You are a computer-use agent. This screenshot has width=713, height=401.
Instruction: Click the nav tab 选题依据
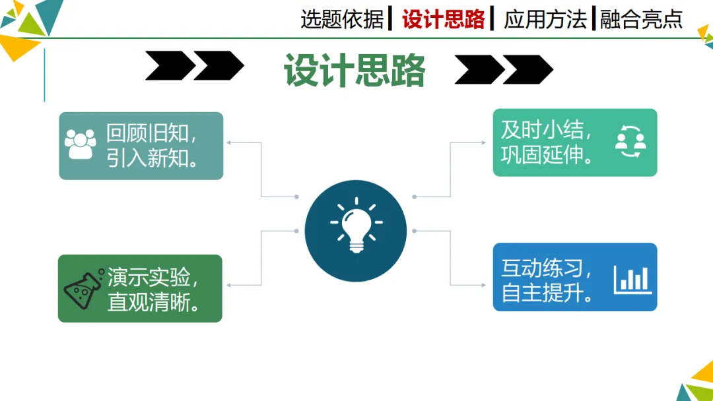click(x=341, y=19)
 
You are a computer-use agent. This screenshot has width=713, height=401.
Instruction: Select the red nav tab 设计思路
click(x=444, y=19)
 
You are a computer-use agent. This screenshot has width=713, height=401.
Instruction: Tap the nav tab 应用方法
click(x=545, y=19)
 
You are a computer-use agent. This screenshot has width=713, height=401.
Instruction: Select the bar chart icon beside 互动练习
click(x=632, y=280)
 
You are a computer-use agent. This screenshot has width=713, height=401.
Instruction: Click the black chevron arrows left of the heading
click(x=195, y=67)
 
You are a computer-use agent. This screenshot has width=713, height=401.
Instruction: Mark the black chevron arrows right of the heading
click(x=504, y=69)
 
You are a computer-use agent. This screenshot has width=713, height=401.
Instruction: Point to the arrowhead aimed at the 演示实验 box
click(x=229, y=284)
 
